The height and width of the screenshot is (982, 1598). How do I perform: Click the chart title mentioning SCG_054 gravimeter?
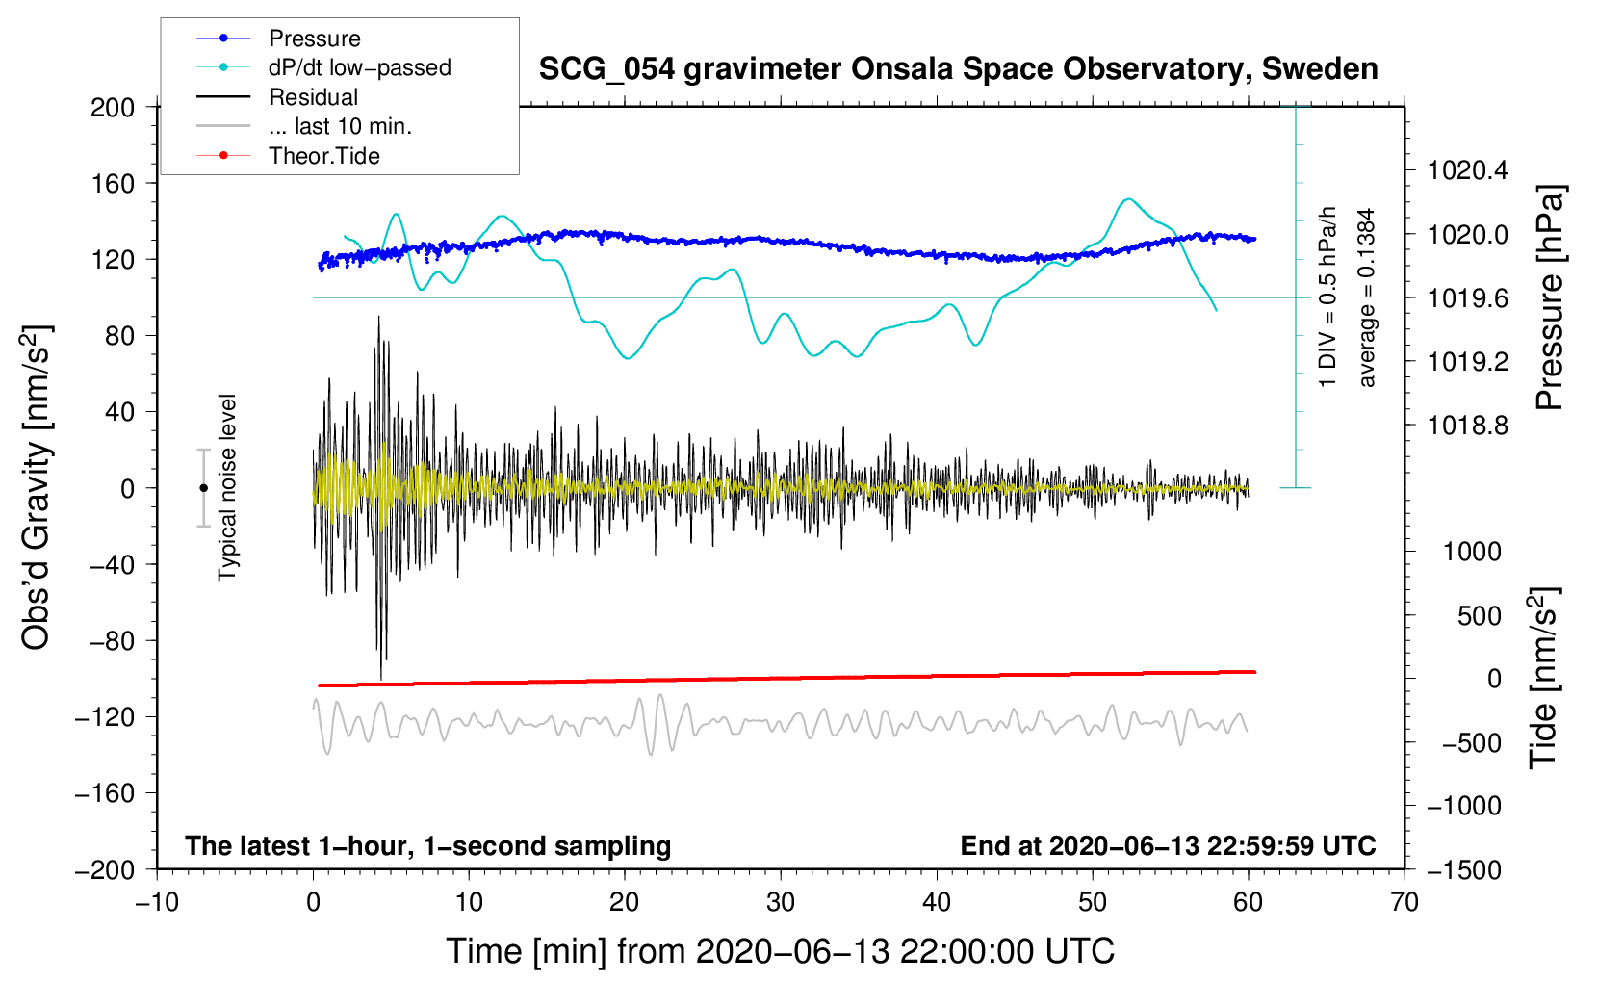[958, 69]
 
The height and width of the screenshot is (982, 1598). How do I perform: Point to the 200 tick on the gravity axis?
[113, 108]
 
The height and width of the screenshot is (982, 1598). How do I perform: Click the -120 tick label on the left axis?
[105, 717]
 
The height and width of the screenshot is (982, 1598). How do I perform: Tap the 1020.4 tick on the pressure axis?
[1467, 170]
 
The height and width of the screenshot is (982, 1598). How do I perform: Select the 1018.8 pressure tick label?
[1467, 426]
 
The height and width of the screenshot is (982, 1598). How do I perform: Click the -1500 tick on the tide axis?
[1463, 870]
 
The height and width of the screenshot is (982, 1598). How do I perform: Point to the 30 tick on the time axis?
[781, 903]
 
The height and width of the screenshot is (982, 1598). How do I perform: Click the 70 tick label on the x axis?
[1405, 903]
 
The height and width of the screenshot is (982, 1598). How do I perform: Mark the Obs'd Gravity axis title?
[37, 487]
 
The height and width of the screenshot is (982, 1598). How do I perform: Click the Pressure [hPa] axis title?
[1549, 297]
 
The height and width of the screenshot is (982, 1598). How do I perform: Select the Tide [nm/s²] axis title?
[1544, 678]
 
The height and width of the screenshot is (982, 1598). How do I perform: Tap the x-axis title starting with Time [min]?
[781, 951]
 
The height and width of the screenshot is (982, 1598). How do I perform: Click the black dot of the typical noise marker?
[203, 488]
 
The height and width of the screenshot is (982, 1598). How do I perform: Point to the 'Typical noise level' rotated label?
[227, 487]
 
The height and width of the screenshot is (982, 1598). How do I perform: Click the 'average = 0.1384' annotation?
[1366, 297]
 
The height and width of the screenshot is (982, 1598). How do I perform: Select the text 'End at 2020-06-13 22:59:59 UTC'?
[1168, 845]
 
